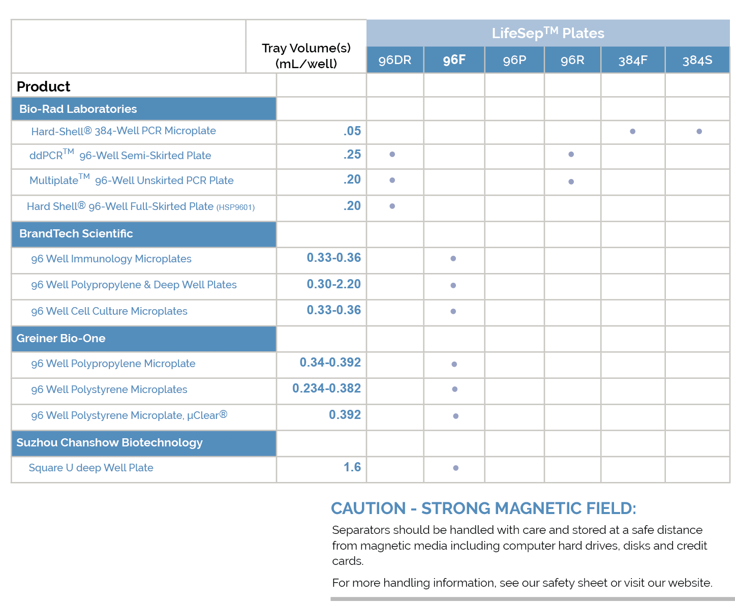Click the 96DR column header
[395, 60]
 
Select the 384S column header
[697, 61]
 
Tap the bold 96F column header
[454, 60]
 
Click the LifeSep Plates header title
[548, 33]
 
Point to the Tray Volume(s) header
[306, 55]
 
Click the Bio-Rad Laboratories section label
[78, 109]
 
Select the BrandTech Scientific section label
[76, 233]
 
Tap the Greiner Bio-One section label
[61, 338]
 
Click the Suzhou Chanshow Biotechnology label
[109, 442]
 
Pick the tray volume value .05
[352, 131]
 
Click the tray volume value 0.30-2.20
[333, 284]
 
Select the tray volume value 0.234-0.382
[326, 388]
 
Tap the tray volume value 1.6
[352, 467]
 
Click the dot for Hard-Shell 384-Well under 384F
[632, 131]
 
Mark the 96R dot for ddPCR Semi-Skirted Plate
[571, 154]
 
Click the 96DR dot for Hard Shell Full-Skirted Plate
[392, 206]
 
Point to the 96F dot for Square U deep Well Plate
[455, 468]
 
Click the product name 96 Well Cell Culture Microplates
[109, 311]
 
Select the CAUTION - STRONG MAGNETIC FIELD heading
[483, 508]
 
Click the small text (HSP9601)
[235, 207]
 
